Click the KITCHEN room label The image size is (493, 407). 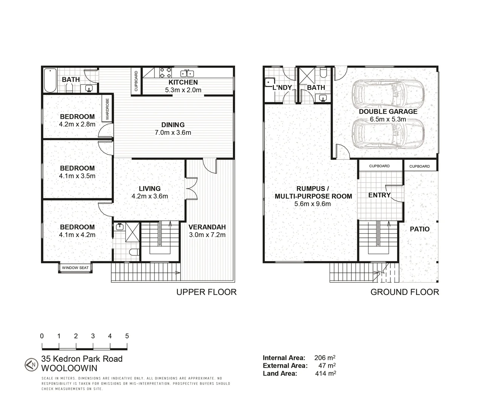point(183,82)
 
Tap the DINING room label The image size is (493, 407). point(173,125)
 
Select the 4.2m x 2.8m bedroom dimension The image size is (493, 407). point(77,124)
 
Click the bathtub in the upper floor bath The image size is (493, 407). point(50,80)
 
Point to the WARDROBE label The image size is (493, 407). point(108,109)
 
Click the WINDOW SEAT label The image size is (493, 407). point(75,268)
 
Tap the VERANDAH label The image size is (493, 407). point(207,227)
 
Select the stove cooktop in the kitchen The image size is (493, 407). point(165,72)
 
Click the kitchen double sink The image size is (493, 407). point(187,73)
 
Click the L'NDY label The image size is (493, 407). point(282,87)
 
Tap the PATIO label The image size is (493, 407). point(420,229)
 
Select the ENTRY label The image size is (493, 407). point(379,195)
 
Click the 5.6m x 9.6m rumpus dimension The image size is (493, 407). point(313,204)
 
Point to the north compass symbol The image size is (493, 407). point(31,364)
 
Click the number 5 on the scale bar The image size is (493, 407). point(127,336)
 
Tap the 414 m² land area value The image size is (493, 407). point(325,373)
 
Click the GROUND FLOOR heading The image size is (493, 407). point(405,292)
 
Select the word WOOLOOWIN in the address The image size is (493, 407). point(69,368)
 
